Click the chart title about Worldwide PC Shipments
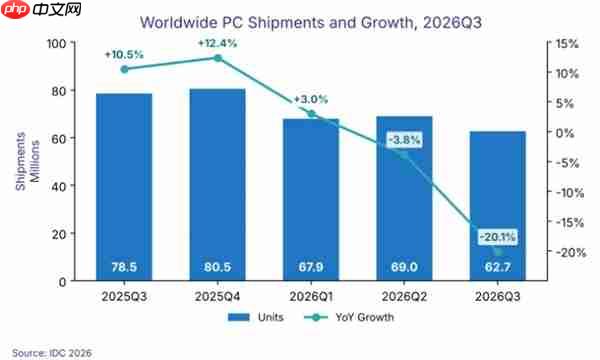pos(311,23)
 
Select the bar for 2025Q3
pos(124,187)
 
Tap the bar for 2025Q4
pos(217,185)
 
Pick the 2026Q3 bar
pos(497,206)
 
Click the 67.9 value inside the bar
pos(311,267)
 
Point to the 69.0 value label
pos(404,267)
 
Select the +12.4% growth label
pos(217,43)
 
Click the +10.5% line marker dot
pos(124,69)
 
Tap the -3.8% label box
pos(404,140)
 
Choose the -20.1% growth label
pos(497,237)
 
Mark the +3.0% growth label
pos(311,99)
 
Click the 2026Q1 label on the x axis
pos(311,296)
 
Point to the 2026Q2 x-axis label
pos(404,296)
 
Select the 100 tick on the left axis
pos(56,43)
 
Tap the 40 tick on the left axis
pos(59,186)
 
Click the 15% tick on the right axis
pos(567,44)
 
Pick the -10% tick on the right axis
pos(570,192)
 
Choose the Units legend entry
pos(256,317)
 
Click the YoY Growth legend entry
pos(349,317)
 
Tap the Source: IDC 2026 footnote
pos(52,353)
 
